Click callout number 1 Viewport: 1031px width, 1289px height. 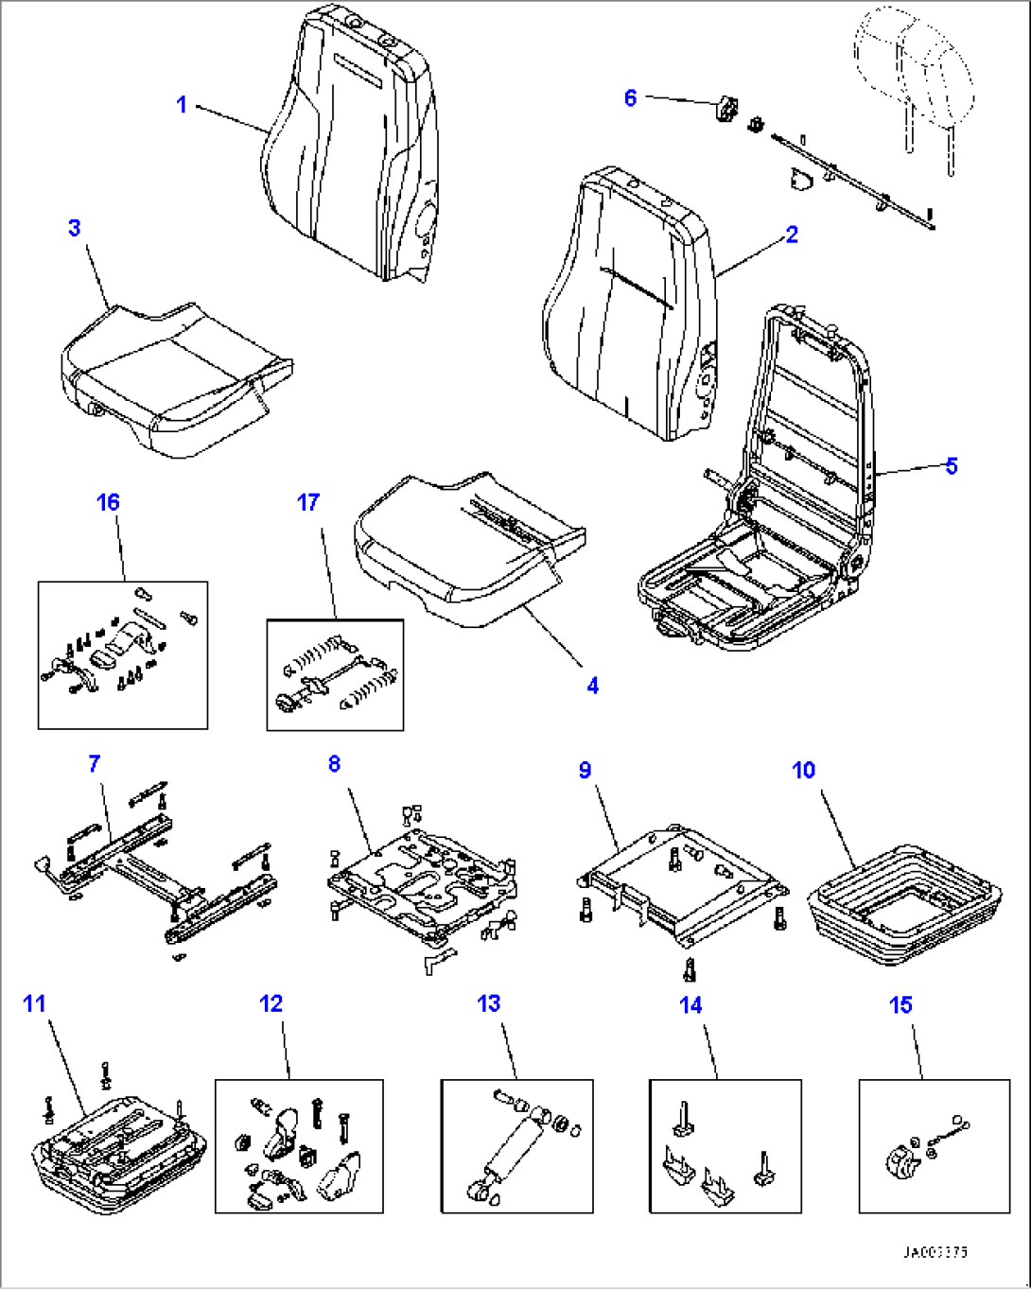coord(182,104)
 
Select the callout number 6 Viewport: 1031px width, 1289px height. coord(631,97)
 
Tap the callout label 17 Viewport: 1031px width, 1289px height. coord(308,502)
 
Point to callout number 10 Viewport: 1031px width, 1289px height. coord(803,771)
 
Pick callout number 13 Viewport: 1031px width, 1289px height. coord(488,1003)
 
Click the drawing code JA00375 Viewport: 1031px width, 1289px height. coord(934,1253)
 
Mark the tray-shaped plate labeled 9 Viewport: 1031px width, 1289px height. coord(681,880)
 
